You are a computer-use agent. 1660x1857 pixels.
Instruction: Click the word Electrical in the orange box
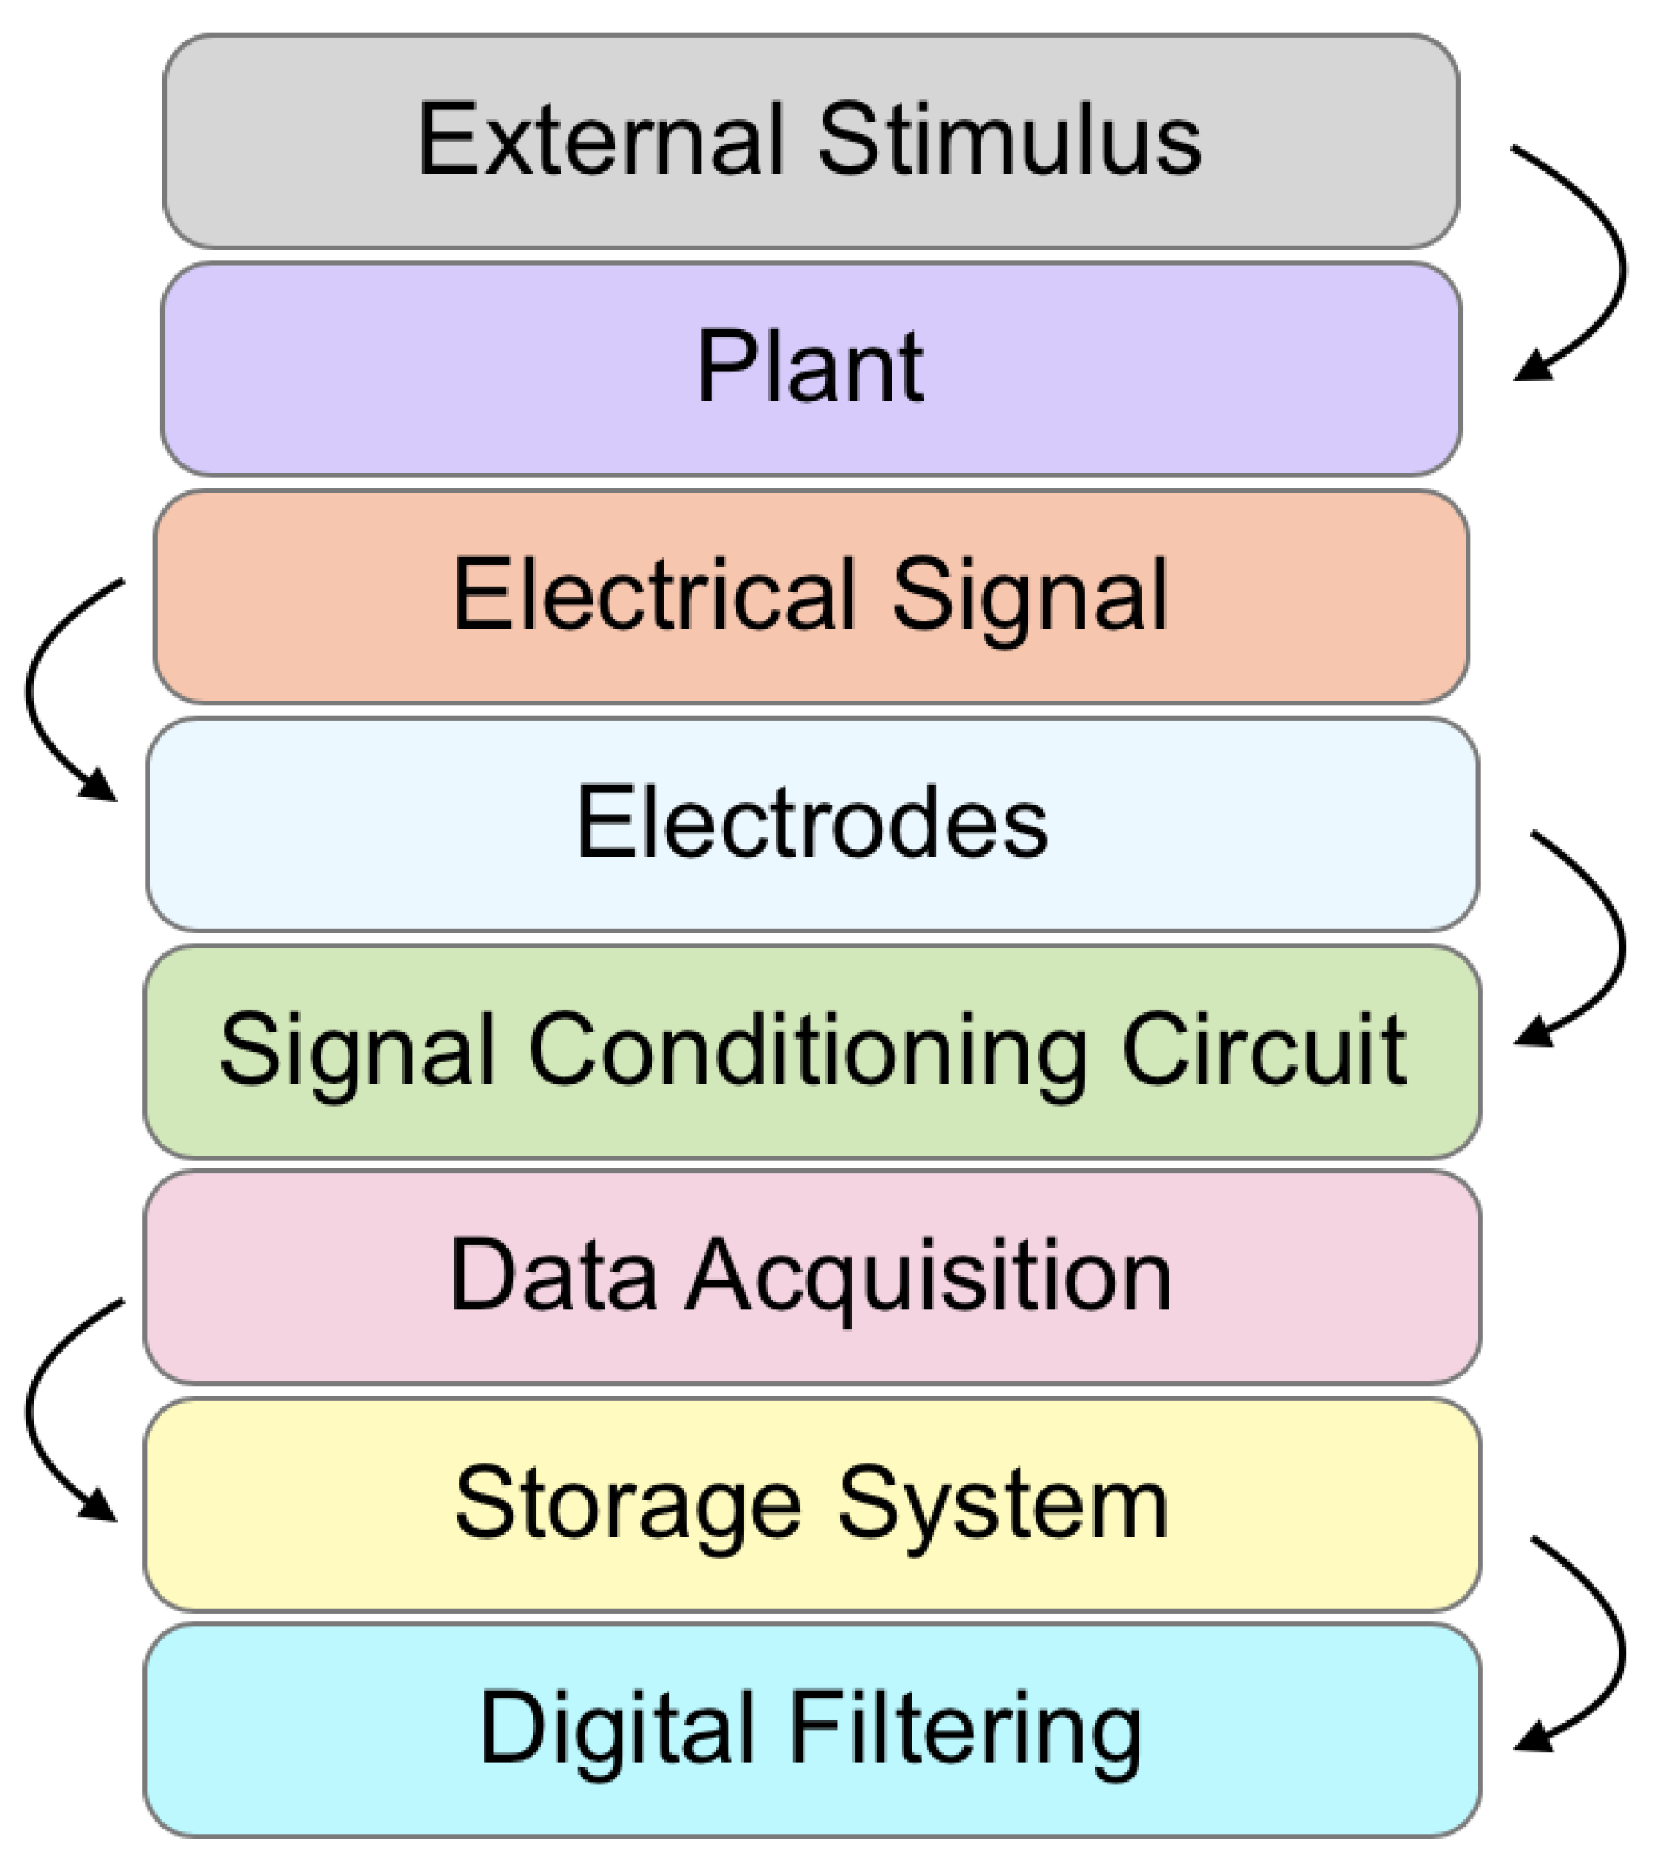coord(653,595)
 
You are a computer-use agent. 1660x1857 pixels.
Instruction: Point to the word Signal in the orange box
coord(1030,597)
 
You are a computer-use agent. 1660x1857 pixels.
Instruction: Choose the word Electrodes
coord(812,823)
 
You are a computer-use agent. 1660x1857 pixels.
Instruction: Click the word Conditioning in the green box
coord(807,1052)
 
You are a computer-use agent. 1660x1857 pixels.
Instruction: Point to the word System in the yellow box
coord(1004,1507)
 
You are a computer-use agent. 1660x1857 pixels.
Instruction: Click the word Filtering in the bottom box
coord(965,1731)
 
